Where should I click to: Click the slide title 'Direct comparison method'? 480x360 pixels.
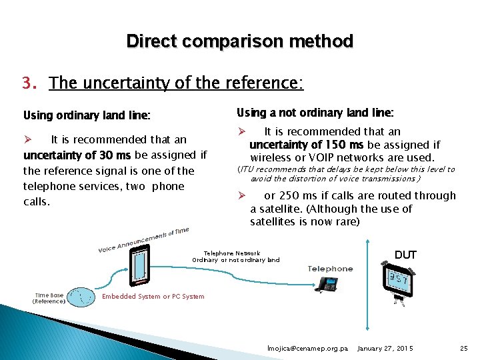[x=239, y=41]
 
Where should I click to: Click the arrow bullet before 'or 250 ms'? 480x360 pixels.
[x=243, y=196]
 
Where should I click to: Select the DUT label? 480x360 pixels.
[x=405, y=255]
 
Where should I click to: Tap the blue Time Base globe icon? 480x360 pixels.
[x=83, y=297]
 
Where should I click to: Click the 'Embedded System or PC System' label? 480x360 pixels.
[x=153, y=296]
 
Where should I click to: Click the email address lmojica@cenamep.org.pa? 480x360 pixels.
[x=307, y=349]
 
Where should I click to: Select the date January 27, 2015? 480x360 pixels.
[x=385, y=349]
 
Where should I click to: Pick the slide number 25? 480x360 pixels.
[x=464, y=349]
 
